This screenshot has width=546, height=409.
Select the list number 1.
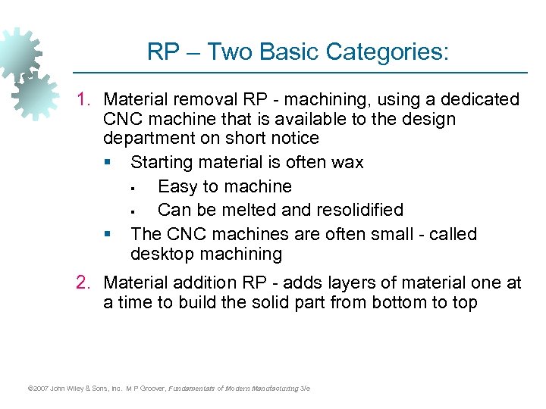click(84, 99)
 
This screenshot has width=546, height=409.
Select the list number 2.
click(84, 283)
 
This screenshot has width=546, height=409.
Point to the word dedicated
click(480, 99)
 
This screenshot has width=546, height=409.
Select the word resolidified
click(356, 209)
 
